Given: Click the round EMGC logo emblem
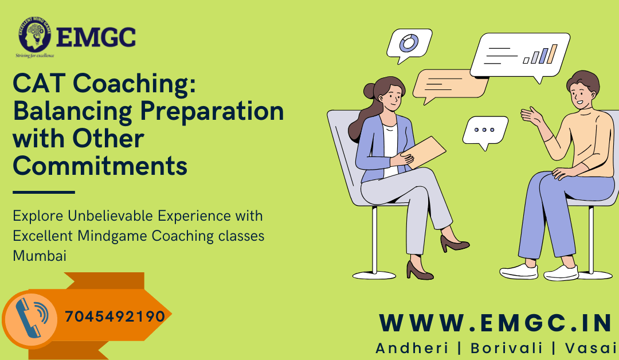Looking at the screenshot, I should click(x=34, y=36).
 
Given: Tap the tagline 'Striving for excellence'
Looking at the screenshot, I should click(x=35, y=56).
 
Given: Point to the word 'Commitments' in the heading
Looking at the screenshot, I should click(x=100, y=166).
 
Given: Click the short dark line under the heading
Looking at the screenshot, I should click(x=44, y=193).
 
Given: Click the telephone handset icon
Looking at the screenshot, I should click(x=32, y=316).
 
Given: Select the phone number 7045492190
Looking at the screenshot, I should click(x=115, y=316).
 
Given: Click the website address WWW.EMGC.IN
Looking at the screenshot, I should click(x=496, y=323).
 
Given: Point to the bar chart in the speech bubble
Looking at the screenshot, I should click(x=540, y=54).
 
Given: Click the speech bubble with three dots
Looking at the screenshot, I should click(x=485, y=130).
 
